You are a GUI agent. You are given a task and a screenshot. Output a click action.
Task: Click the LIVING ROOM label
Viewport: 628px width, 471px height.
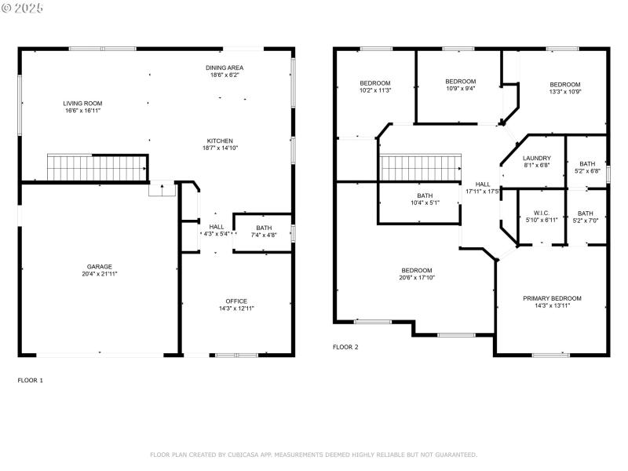[83, 103]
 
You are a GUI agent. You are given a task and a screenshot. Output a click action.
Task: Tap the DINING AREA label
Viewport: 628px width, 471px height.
[225, 68]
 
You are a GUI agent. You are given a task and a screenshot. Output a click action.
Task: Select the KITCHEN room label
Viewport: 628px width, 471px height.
[220, 141]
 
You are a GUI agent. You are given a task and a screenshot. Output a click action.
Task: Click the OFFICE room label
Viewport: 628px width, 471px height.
[236, 301]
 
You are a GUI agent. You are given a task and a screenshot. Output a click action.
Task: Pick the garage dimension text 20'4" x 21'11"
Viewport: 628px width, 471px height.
[99, 274]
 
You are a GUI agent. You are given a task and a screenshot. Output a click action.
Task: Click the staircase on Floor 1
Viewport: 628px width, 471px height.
[97, 167]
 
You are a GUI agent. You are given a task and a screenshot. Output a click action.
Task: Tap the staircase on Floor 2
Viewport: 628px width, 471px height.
[419, 166]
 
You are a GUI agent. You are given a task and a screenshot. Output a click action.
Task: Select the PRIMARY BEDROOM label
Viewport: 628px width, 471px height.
[553, 298]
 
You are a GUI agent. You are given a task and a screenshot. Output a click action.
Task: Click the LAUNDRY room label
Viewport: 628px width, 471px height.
[537, 158]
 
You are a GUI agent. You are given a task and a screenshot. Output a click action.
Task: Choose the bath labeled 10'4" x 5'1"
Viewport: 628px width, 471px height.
[425, 199]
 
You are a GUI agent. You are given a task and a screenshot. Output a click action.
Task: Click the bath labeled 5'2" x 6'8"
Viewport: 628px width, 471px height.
[587, 167]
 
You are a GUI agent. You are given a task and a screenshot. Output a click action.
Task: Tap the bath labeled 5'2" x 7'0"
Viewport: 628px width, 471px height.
[586, 217]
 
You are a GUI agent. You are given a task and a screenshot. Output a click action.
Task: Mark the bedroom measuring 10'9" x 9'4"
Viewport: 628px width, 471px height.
[460, 85]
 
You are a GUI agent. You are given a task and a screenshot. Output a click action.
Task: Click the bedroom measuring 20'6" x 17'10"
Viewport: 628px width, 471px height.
[416, 274]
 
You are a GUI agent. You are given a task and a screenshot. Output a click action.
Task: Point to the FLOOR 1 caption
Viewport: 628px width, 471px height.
[31, 380]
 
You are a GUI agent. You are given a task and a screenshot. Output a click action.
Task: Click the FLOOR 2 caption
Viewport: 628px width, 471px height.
[345, 347]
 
